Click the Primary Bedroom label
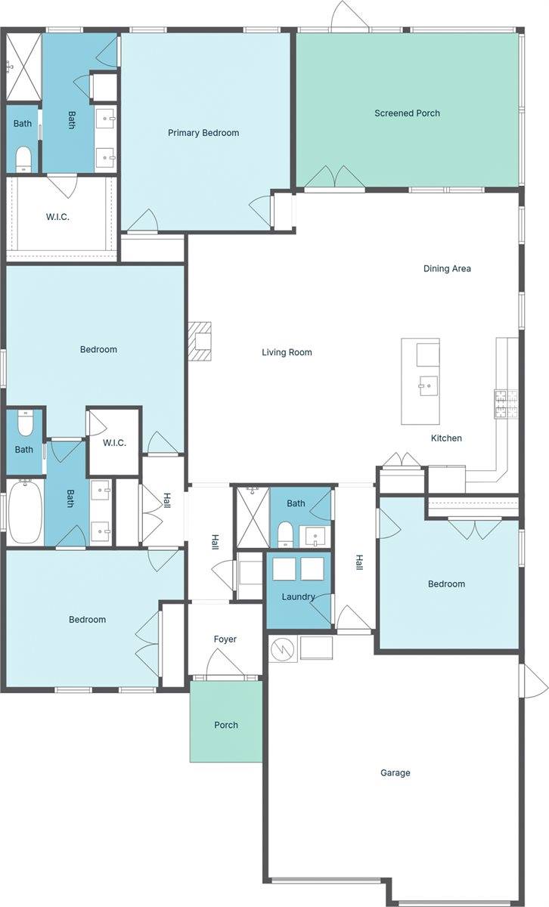(x=203, y=133)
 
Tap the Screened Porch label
(x=407, y=113)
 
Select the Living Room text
(x=287, y=352)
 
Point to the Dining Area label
(x=447, y=268)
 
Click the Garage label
(x=395, y=772)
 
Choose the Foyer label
(x=225, y=639)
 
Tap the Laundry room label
(x=298, y=597)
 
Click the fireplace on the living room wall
(x=200, y=341)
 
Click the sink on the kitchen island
(x=428, y=385)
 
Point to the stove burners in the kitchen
(x=506, y=404)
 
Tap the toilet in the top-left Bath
(x=23, y=159)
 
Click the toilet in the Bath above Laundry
(x=285, y=534)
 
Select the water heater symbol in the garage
(x=283, y=649)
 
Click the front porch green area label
(x=226, y=725)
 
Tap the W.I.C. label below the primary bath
(x=57, y=217)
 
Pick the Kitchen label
(x=446, y=438)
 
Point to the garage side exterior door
(x=535, y=681)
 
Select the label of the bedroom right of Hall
(x=446, y=584)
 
